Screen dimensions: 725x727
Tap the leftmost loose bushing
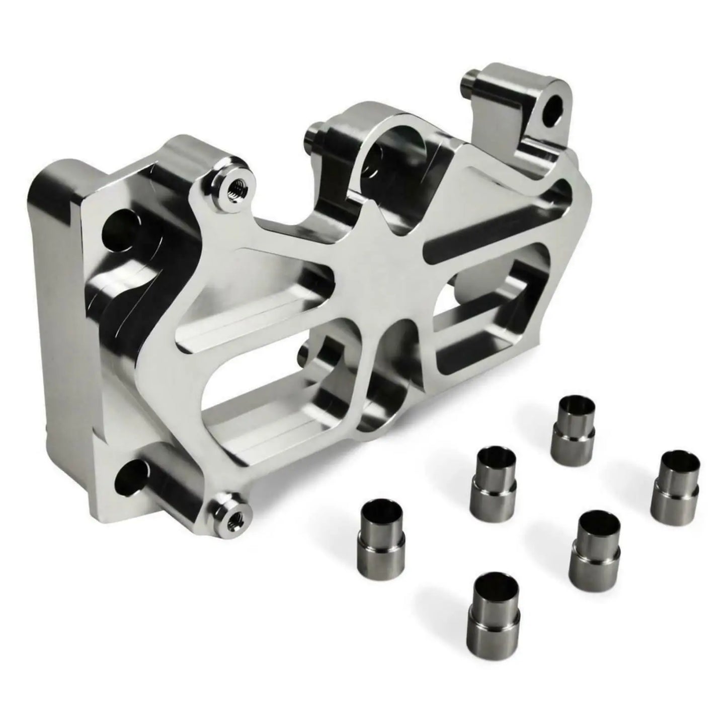click(383, 534)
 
